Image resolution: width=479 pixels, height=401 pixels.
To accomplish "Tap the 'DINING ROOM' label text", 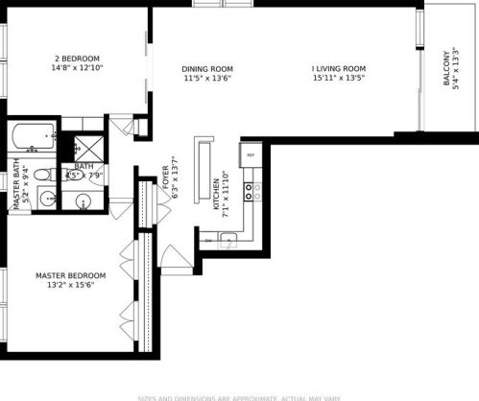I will coord(208,68).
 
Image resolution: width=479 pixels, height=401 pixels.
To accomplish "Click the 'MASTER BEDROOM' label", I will coord(70,275).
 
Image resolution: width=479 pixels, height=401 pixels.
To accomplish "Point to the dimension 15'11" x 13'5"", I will coord(340,81).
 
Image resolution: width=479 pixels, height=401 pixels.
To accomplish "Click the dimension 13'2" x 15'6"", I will coord(70,288).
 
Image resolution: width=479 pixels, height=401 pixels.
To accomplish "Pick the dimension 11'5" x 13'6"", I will coord(208,81).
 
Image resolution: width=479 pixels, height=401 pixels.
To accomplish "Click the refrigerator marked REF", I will coord(251,154).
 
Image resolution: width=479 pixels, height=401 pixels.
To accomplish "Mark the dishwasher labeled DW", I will coord(208,241).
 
